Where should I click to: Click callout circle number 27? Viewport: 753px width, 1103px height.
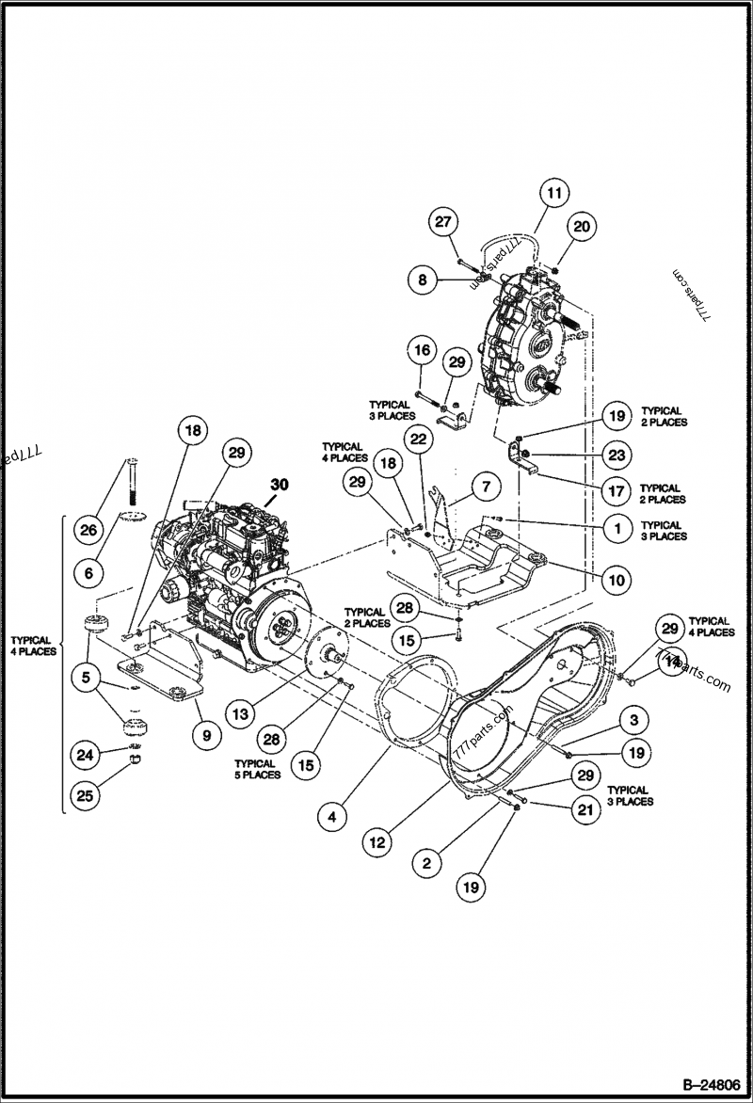(x=442, y=223)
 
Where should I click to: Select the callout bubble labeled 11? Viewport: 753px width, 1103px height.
(x=554, y=193)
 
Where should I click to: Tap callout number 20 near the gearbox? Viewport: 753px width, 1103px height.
(x=581, y=226)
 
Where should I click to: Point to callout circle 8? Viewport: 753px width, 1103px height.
(x=423, y=279)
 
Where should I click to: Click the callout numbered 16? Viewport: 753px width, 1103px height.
(x=422, y=350)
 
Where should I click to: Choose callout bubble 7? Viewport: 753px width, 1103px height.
(x=486, y=487)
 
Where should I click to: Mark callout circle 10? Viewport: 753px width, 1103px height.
(x=617, y=581)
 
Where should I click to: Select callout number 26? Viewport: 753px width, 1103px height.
(x=88, y=530)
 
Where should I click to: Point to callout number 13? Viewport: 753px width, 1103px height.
(x=242, y=714)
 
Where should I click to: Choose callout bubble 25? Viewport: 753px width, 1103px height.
(x=86, y=796)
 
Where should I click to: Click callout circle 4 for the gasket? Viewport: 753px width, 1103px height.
(x=331, y=817)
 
